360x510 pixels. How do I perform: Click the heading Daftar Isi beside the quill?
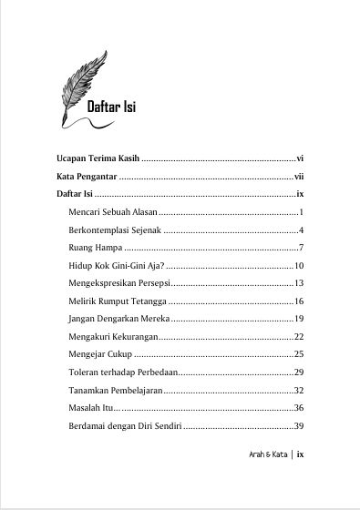click(111, 107)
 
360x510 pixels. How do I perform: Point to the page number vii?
click(298, 176)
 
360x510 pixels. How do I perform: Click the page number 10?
click(298, 266)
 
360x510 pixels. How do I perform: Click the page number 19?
click(298, 319)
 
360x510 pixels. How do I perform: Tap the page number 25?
click(298, 354)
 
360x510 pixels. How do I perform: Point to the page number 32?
click(298, 390)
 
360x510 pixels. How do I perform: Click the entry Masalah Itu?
click(88, 408)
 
